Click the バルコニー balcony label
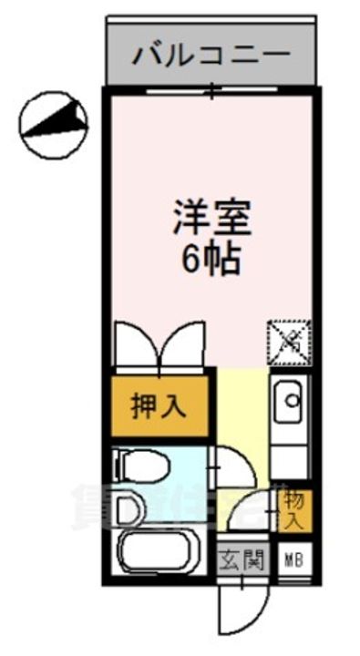click(x=211, y=56)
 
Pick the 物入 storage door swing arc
click(x=251, y=510)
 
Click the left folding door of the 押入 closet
click(x=138, y=346)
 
